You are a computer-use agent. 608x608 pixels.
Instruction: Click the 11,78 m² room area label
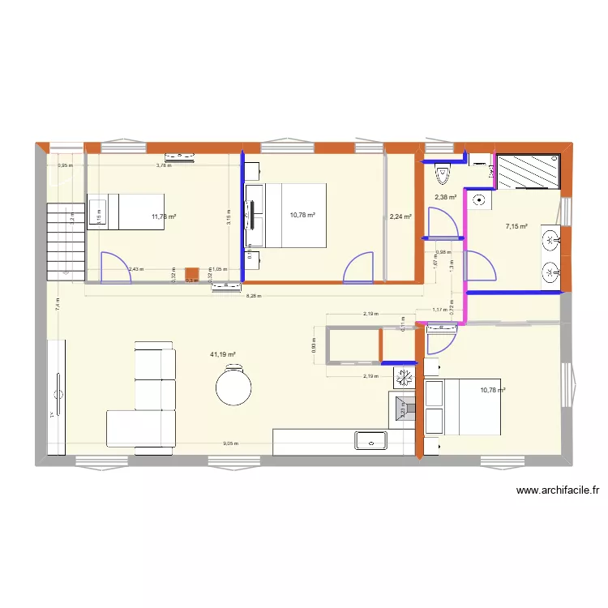(164, 216)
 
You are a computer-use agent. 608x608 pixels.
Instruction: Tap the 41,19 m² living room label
(222, 354)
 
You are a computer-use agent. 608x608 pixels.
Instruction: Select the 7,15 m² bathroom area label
(516, 227)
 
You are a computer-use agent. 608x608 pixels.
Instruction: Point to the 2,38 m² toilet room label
(445, 197)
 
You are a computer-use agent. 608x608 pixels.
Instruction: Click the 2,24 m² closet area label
(400, 216)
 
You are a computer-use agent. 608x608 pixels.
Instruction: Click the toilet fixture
(443, 172)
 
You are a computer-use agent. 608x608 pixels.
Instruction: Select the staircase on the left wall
(65, 242)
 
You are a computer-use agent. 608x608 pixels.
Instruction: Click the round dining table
(234, 385)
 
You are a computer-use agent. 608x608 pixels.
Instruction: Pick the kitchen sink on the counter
(371, 441)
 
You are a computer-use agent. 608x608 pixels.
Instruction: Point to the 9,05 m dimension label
(231, 444)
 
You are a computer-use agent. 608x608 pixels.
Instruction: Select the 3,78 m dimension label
(164, 165)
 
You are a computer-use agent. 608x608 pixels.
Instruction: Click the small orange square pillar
(191, 274)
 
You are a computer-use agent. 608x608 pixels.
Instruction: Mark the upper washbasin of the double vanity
(551, 239)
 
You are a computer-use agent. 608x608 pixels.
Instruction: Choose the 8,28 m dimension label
(253, 296)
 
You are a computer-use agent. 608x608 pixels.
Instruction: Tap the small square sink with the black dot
(481, 199)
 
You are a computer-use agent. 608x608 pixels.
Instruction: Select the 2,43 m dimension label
(135, 269)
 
